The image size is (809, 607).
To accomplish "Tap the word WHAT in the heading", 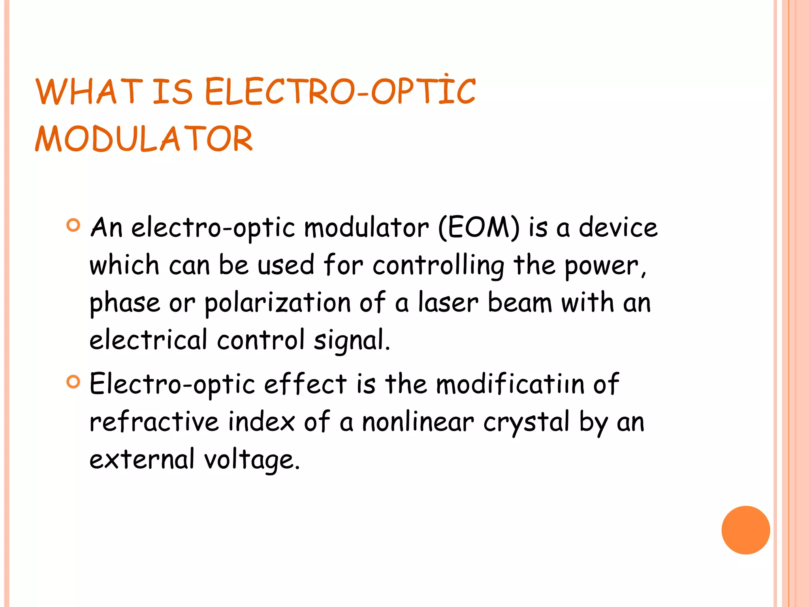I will click(x=89, y=92).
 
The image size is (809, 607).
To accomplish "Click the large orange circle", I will click(x=745, y=530).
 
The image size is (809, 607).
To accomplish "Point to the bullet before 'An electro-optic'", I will click(x=73, y=225).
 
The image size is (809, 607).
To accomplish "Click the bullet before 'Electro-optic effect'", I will click(x=73, y=382).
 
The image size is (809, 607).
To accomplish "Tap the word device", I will click(x=618, y=228).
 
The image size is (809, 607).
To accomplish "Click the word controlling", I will click(x=438, y=265).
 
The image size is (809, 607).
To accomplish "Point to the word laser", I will click(x=448, y=303).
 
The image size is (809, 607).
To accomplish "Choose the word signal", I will click(x=351, y=340).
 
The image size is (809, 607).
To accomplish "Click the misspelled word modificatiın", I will click(x=510, y=384).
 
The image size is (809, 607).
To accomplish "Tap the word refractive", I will click(x=154, y=421).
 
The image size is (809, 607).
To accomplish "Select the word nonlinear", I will click(x=418, y=421).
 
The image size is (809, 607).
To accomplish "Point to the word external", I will click(x=142, y=459).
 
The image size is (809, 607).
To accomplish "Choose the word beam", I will click(x=520, y=303).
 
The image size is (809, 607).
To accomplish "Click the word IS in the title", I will click(x=173, y=92).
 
